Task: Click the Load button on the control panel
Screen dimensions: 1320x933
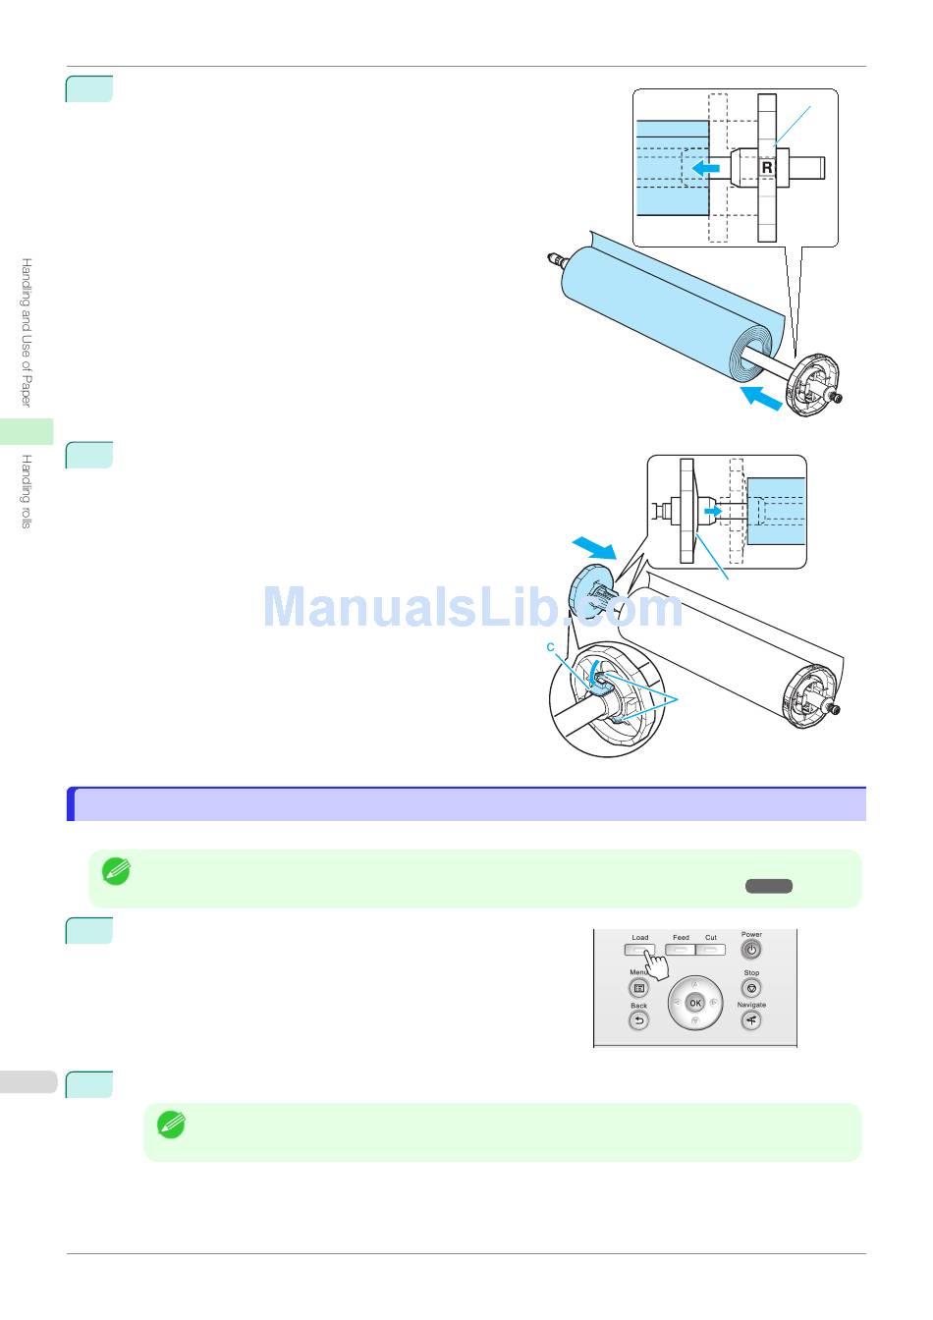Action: pos(639,950)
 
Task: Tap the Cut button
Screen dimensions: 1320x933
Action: pos(711,950)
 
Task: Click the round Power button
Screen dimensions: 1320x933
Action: pos(751,950)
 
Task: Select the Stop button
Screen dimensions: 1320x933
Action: pos(751,988)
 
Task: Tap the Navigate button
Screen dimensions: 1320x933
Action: pos(751,1021)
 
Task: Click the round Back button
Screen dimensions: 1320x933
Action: pos(638,1021)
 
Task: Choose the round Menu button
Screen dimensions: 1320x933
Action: pos(638,988)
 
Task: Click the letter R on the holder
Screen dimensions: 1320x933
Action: pos(767,168)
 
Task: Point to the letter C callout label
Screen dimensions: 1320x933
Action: pos(551,647)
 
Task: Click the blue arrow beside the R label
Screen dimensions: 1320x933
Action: pos(705,169)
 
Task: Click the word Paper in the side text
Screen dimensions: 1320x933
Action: pos(27,388)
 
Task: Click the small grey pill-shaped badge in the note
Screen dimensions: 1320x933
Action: pos(768,886)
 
